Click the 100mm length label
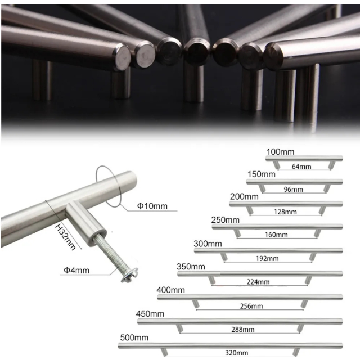tap(280, 152)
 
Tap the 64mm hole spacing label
tap(301, 166)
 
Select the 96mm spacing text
tap(294, 190)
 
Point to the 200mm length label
tap(244, 197)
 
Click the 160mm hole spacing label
tap(276, 235)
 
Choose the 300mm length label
tap(208, 244)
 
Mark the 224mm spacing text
tap(258, 282)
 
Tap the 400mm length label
tap(170, 290)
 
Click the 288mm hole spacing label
tap(243, 330)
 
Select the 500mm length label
tap(134, 337)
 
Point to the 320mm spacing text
tap(236, 353)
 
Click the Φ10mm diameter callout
tap(152, 206)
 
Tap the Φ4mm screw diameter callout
tap(76, 270)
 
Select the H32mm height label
tap(65, 237)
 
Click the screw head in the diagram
tap(129, 274)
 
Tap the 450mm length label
tap(150, 314)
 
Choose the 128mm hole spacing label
tap(285, 211)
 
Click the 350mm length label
tap(191, 267)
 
